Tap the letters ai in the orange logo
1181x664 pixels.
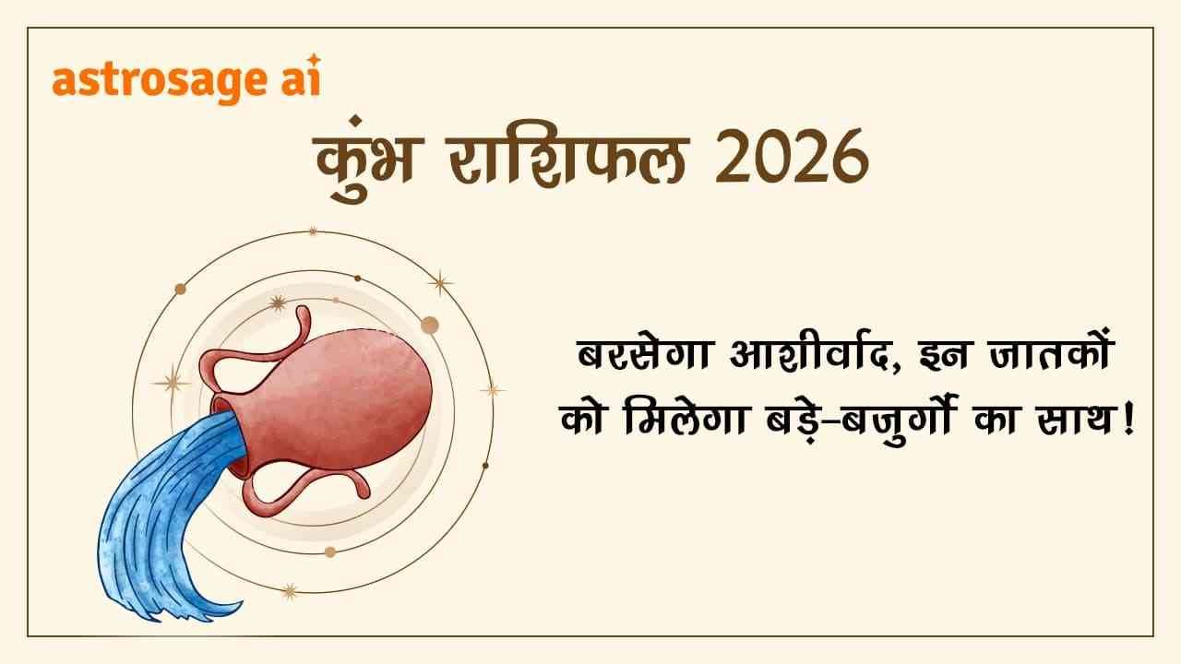[297, 81]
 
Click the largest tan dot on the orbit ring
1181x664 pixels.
[429, 325]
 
